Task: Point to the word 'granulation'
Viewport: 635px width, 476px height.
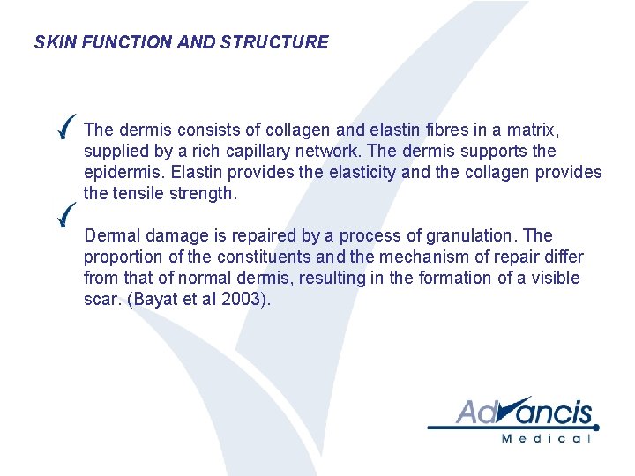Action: pyautogui.click(x=472, y=235)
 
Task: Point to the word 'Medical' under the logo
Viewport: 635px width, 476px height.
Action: pyautogui.click(x=544, y=438)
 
